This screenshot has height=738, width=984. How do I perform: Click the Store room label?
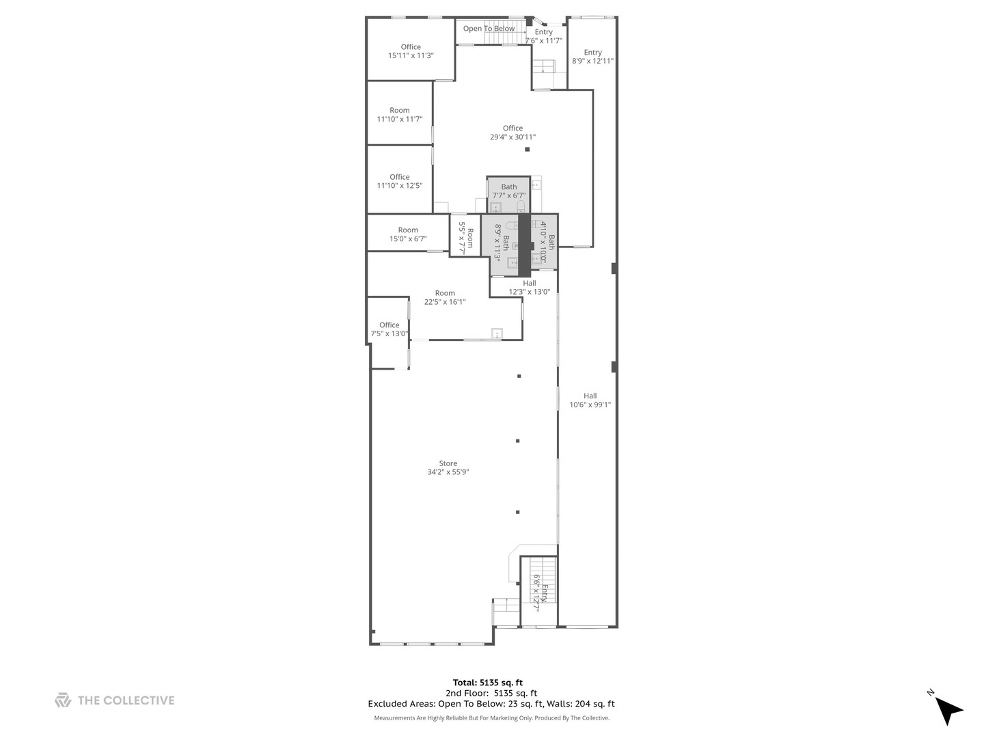click(448, 463)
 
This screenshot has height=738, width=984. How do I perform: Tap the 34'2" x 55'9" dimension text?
click(448, 472)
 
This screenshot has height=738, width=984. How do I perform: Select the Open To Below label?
click(489, 29)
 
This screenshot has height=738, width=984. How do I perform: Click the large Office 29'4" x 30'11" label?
click(512, 133)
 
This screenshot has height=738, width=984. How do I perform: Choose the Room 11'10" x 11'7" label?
click(400, 115)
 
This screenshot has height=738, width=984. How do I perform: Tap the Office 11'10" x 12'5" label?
click(400, 181)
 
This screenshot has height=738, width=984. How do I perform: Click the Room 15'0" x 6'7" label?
click(408, 234)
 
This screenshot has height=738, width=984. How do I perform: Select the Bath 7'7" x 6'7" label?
click(509, 191)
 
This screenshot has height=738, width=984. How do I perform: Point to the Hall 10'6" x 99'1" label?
click(590, 400)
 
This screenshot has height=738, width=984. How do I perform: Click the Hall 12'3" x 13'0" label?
click(529, 288)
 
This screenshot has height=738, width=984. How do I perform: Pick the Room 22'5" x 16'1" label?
click(445, 297)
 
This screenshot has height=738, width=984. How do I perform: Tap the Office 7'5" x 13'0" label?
click(389, 329)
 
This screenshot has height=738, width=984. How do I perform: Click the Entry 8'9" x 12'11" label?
click(592, 57)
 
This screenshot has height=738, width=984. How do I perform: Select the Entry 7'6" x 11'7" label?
click(544, 36)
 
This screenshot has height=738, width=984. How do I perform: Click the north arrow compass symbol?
click(948, 710)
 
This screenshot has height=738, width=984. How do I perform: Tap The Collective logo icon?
click(63, 700)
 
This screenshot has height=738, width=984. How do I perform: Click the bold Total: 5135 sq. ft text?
click(488, 683)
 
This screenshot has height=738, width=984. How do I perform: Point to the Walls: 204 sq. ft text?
click(581, 704)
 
